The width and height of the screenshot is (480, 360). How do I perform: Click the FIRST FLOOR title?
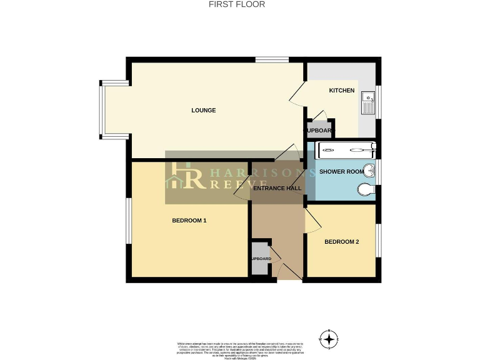tap(236, 4)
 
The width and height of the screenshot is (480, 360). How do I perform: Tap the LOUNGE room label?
tap(203, 111)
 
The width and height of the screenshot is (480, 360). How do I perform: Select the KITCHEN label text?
tap(342, 91)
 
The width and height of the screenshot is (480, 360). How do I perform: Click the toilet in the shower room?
tap(366, 190)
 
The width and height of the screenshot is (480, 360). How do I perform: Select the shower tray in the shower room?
tap(347, 150)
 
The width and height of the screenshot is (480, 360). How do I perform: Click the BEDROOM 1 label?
tap(189, 221)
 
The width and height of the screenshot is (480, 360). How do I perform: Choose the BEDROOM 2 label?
tap(341, 242)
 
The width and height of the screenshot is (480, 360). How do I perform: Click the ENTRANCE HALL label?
tap(278, 188)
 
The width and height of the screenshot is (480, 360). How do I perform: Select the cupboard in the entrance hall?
tap(261, 258)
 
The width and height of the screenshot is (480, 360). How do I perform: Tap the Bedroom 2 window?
tap(378, 239)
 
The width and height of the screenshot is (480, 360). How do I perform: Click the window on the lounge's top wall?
tap(272, 60)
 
